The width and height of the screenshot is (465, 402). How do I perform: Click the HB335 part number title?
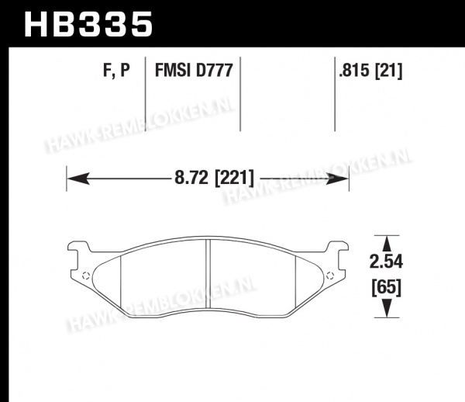[x=88, y=24]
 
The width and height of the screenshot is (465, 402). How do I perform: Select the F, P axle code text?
[x=116, y=71]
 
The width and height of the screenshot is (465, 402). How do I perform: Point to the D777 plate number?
[x=214, y=71]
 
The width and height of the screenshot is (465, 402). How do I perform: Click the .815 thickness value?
[x=355, y=71]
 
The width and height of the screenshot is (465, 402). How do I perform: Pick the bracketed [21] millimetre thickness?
[x=389, y=71]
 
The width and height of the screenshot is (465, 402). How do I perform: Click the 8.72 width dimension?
[x=191, y=178]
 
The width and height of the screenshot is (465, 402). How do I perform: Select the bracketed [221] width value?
[x=234, y=178]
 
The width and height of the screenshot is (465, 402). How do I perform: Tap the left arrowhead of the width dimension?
[x=78, y=178]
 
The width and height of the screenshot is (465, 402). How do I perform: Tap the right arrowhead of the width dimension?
[x=337, y=178]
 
